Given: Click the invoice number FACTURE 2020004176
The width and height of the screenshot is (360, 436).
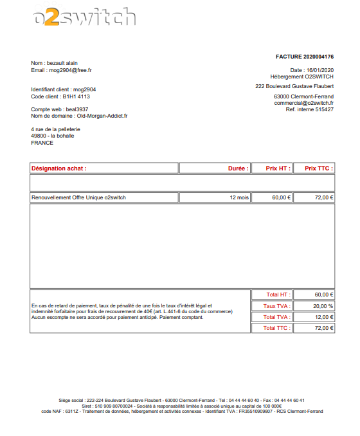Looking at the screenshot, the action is pos(305,57).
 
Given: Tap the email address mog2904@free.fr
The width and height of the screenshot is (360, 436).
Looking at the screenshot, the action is pos(71,69).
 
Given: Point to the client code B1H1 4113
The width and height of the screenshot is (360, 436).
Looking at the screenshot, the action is pos(76,96).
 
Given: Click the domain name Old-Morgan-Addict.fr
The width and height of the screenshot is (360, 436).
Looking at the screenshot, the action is pos(102,116).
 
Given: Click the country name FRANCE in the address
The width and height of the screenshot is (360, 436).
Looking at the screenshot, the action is pos(42,143).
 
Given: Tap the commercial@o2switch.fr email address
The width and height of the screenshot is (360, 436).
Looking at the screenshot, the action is pos(303,103).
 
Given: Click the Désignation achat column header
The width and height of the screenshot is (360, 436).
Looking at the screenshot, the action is pos(59,168).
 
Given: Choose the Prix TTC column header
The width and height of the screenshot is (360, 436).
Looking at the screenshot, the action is pos(318,168).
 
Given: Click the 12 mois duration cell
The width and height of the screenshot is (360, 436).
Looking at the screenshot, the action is pos(239,197).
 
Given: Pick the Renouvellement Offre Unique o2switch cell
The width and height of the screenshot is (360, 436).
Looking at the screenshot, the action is pos(78,197).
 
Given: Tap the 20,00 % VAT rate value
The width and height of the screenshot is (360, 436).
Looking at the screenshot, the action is pos(323,306).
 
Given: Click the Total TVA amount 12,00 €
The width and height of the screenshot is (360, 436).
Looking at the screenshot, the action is pos(323,317).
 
